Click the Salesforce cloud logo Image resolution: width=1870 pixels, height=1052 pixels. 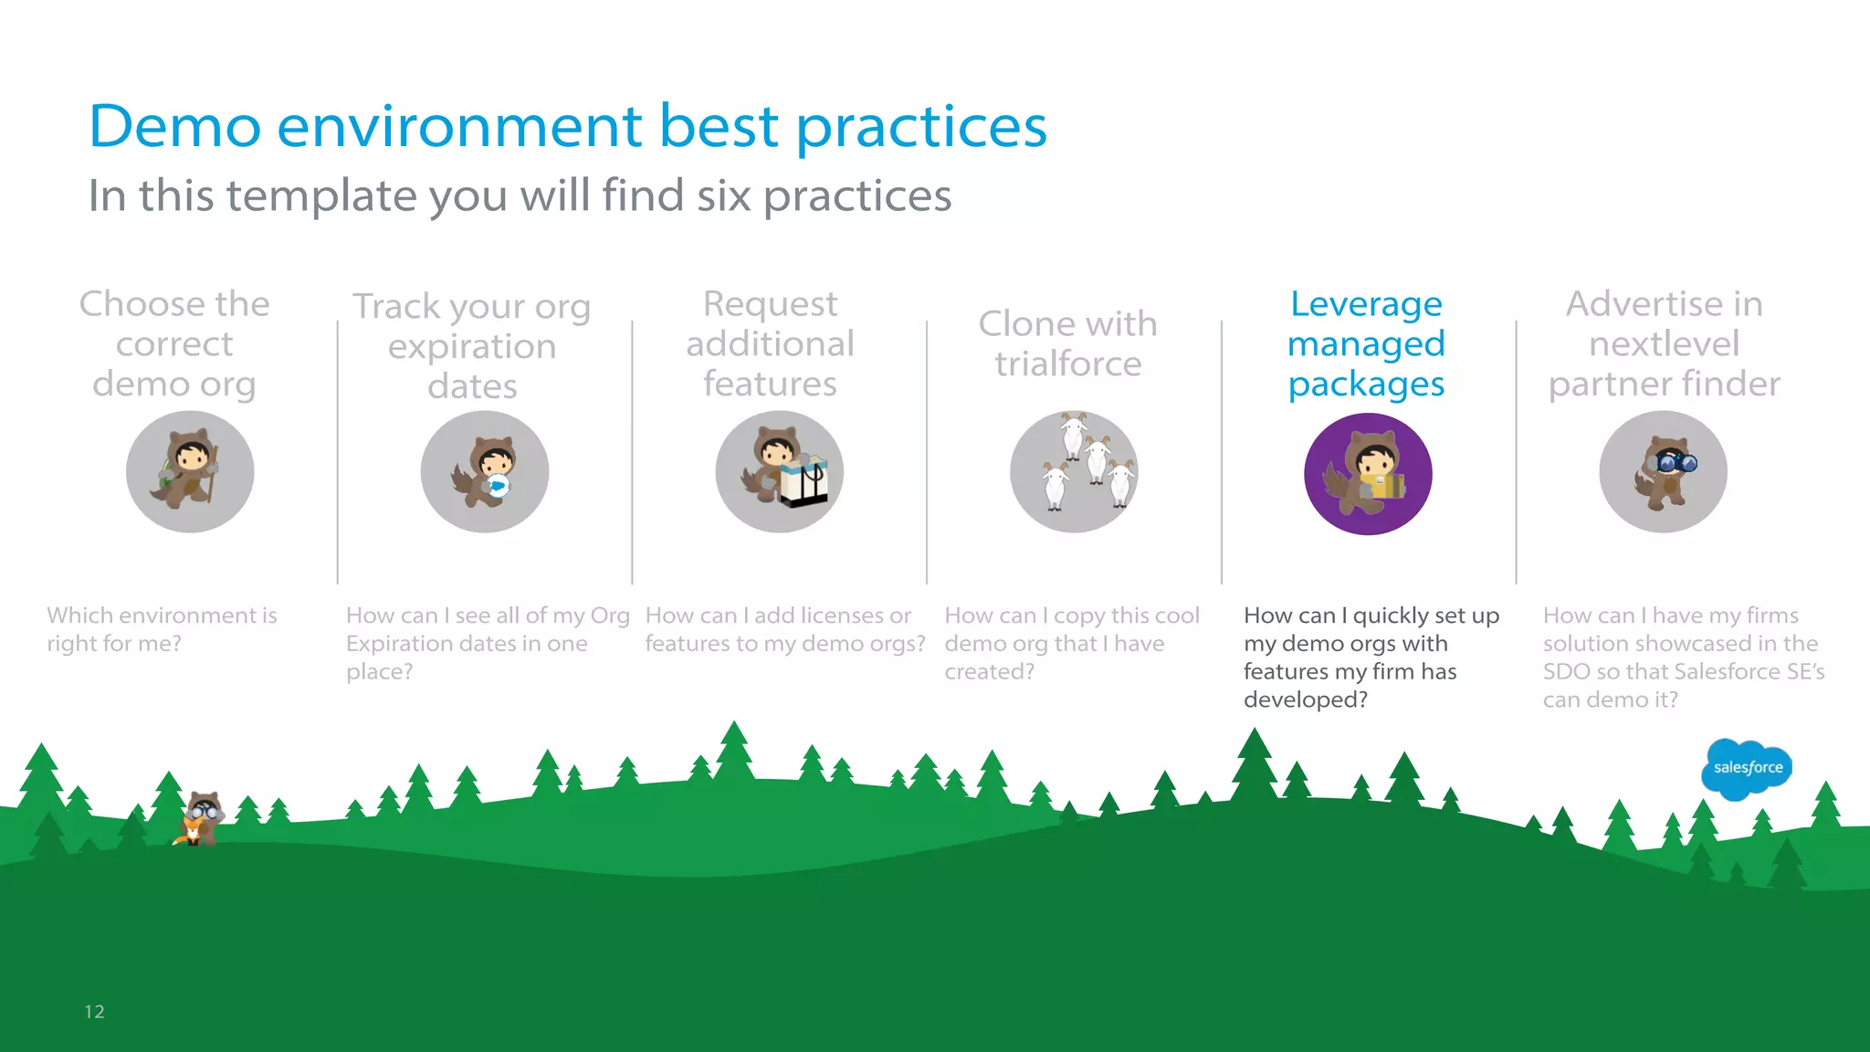point(1747,768)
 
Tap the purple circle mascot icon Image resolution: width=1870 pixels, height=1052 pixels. point(1368,474)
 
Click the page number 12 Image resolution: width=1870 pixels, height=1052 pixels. point(94,1011)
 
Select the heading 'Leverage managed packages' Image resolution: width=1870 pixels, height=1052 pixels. point(1366,344)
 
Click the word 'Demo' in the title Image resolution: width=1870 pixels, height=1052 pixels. point(174,126)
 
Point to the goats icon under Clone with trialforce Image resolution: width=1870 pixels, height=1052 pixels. point(1074,471)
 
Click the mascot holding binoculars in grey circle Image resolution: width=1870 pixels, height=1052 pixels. point(1663,471)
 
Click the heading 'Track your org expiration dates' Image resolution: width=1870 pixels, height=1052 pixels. point(472,346)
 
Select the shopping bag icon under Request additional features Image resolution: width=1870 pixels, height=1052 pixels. point(804,481)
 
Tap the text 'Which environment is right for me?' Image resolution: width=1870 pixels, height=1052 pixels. point(162,629)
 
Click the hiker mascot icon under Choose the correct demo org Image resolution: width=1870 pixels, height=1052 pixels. point(190,471)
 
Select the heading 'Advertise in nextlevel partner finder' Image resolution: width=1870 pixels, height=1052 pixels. point(1664,344)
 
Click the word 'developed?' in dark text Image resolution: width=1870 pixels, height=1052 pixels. point(1305,700)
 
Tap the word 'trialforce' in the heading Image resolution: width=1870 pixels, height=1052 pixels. point(1067,364)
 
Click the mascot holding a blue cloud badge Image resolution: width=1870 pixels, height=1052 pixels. point(485,471)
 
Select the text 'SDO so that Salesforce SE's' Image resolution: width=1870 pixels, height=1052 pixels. point(1683,671)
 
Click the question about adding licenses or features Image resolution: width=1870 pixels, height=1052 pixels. point(784,629)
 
